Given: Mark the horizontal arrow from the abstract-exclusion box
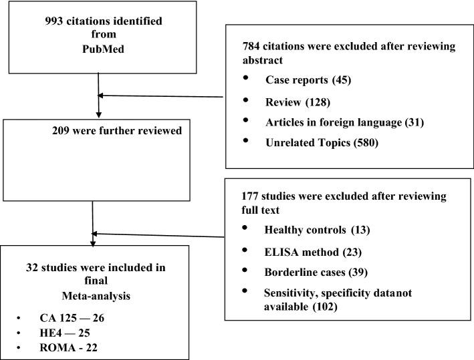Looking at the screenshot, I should point(160,96).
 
